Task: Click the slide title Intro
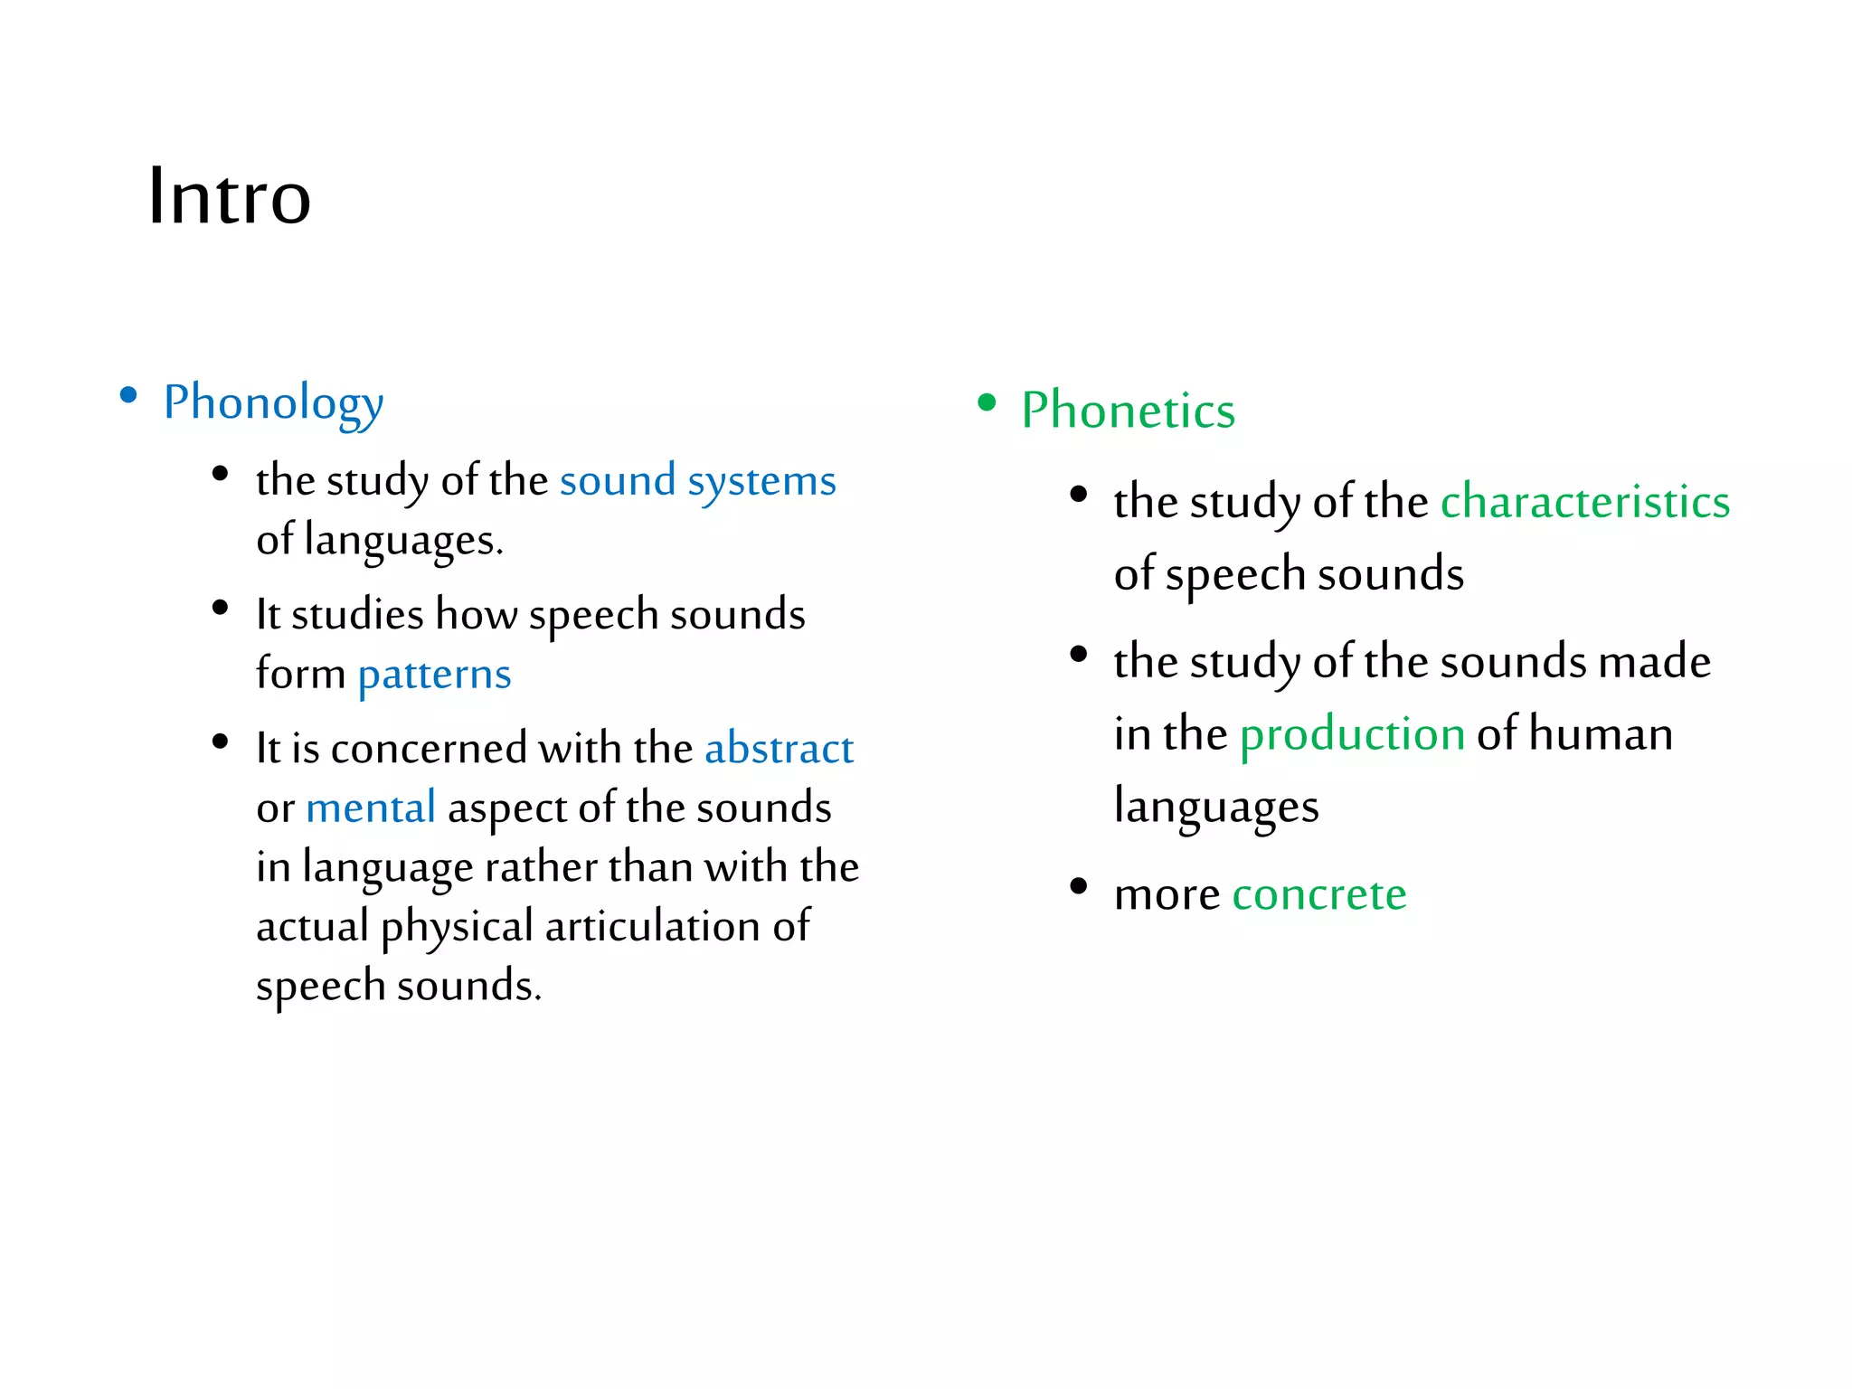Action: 230,196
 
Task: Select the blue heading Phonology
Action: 273,402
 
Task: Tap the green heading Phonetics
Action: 1128,411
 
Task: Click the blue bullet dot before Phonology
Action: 128,395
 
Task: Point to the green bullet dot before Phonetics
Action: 987,402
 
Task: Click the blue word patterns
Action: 434,675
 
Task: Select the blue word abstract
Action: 779,749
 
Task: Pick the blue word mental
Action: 371,808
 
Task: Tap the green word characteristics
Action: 1584,502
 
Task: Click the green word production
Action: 1352,733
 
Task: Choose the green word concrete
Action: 1318,895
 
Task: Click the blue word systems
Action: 761,481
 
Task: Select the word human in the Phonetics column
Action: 1601,733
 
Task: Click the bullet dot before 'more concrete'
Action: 1078,886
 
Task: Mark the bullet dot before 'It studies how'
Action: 220,607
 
